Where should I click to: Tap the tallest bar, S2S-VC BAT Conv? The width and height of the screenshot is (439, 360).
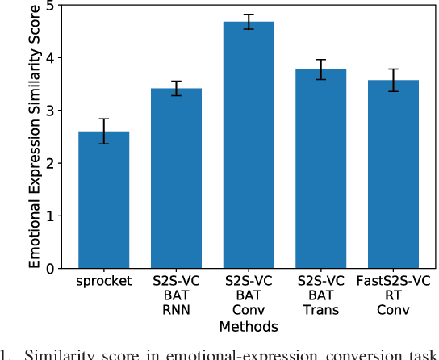click(249, 145)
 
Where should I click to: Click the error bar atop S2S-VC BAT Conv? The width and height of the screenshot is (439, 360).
click(249, 22)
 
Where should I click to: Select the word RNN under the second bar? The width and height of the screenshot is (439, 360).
click(177, 312)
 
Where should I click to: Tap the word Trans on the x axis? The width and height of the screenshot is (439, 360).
click(320, 312)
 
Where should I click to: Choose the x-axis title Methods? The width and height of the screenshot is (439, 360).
click(249, 327)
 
